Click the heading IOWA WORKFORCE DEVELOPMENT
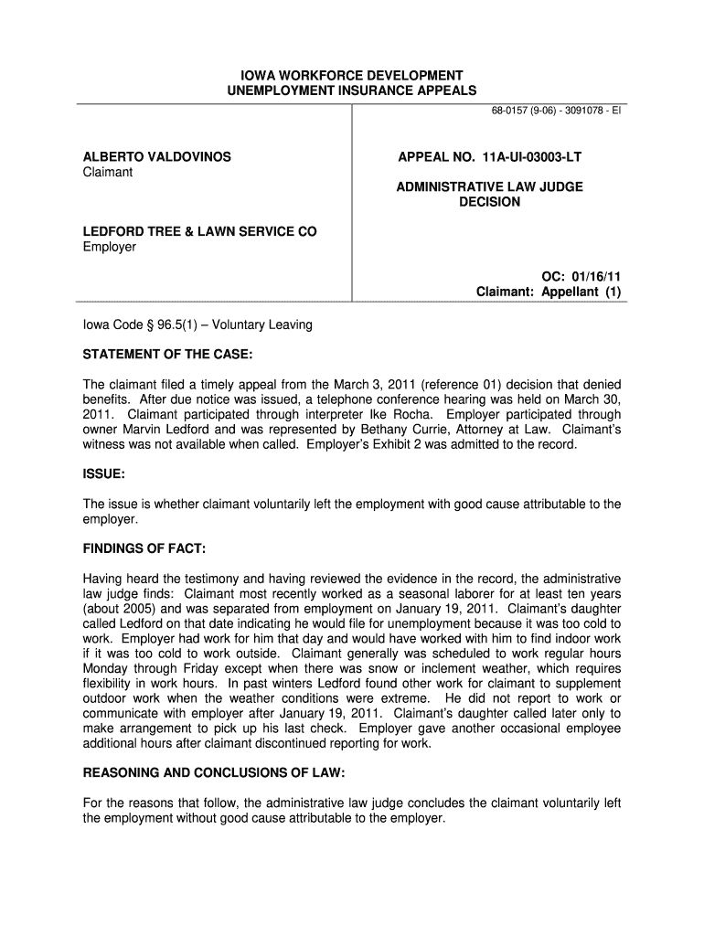click(351, 75)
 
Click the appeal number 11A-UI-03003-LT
click(489, 157)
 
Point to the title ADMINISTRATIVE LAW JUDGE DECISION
click(489, 195)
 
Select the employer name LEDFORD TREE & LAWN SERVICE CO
click(200, 232)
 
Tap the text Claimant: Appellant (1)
click(549, 292)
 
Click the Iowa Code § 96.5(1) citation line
click(197, 324)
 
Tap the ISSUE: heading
click(104, 475)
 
